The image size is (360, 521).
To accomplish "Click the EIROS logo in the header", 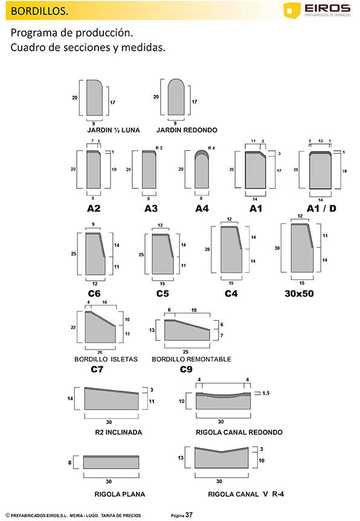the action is tap(317, 10).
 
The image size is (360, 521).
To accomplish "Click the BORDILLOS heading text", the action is tap(39, 11).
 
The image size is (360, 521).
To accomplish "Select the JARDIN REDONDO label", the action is tap(187, 130).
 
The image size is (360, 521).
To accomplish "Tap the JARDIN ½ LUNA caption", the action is tap(114, 130).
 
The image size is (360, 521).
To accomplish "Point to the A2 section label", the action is tap(94, 208).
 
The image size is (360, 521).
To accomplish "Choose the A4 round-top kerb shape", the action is tap(202, 169).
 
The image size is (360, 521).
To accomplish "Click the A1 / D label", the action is tap(321, 208).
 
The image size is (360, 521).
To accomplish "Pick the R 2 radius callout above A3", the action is tap(159, 148).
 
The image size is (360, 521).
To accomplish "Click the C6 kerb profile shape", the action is tap(95, 253).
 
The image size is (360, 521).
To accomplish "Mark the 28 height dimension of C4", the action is tap(207, 249).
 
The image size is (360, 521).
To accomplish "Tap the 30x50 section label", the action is tap(299, 293).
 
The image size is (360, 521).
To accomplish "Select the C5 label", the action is tap(162, 293).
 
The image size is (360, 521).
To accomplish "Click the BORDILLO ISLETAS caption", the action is tap(106, 359).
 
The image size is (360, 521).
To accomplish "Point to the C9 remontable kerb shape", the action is tap(187, 330).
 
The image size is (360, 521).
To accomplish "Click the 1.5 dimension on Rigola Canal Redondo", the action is tap(266, 393).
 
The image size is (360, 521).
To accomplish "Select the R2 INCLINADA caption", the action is tap(118, 432).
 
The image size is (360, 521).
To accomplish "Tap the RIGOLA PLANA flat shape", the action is tap(111, 462).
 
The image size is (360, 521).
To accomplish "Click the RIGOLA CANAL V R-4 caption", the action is tap(246, 494).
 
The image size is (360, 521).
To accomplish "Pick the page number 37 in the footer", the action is tap(189, 515).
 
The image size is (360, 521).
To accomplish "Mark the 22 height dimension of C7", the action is tap(73, 327).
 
